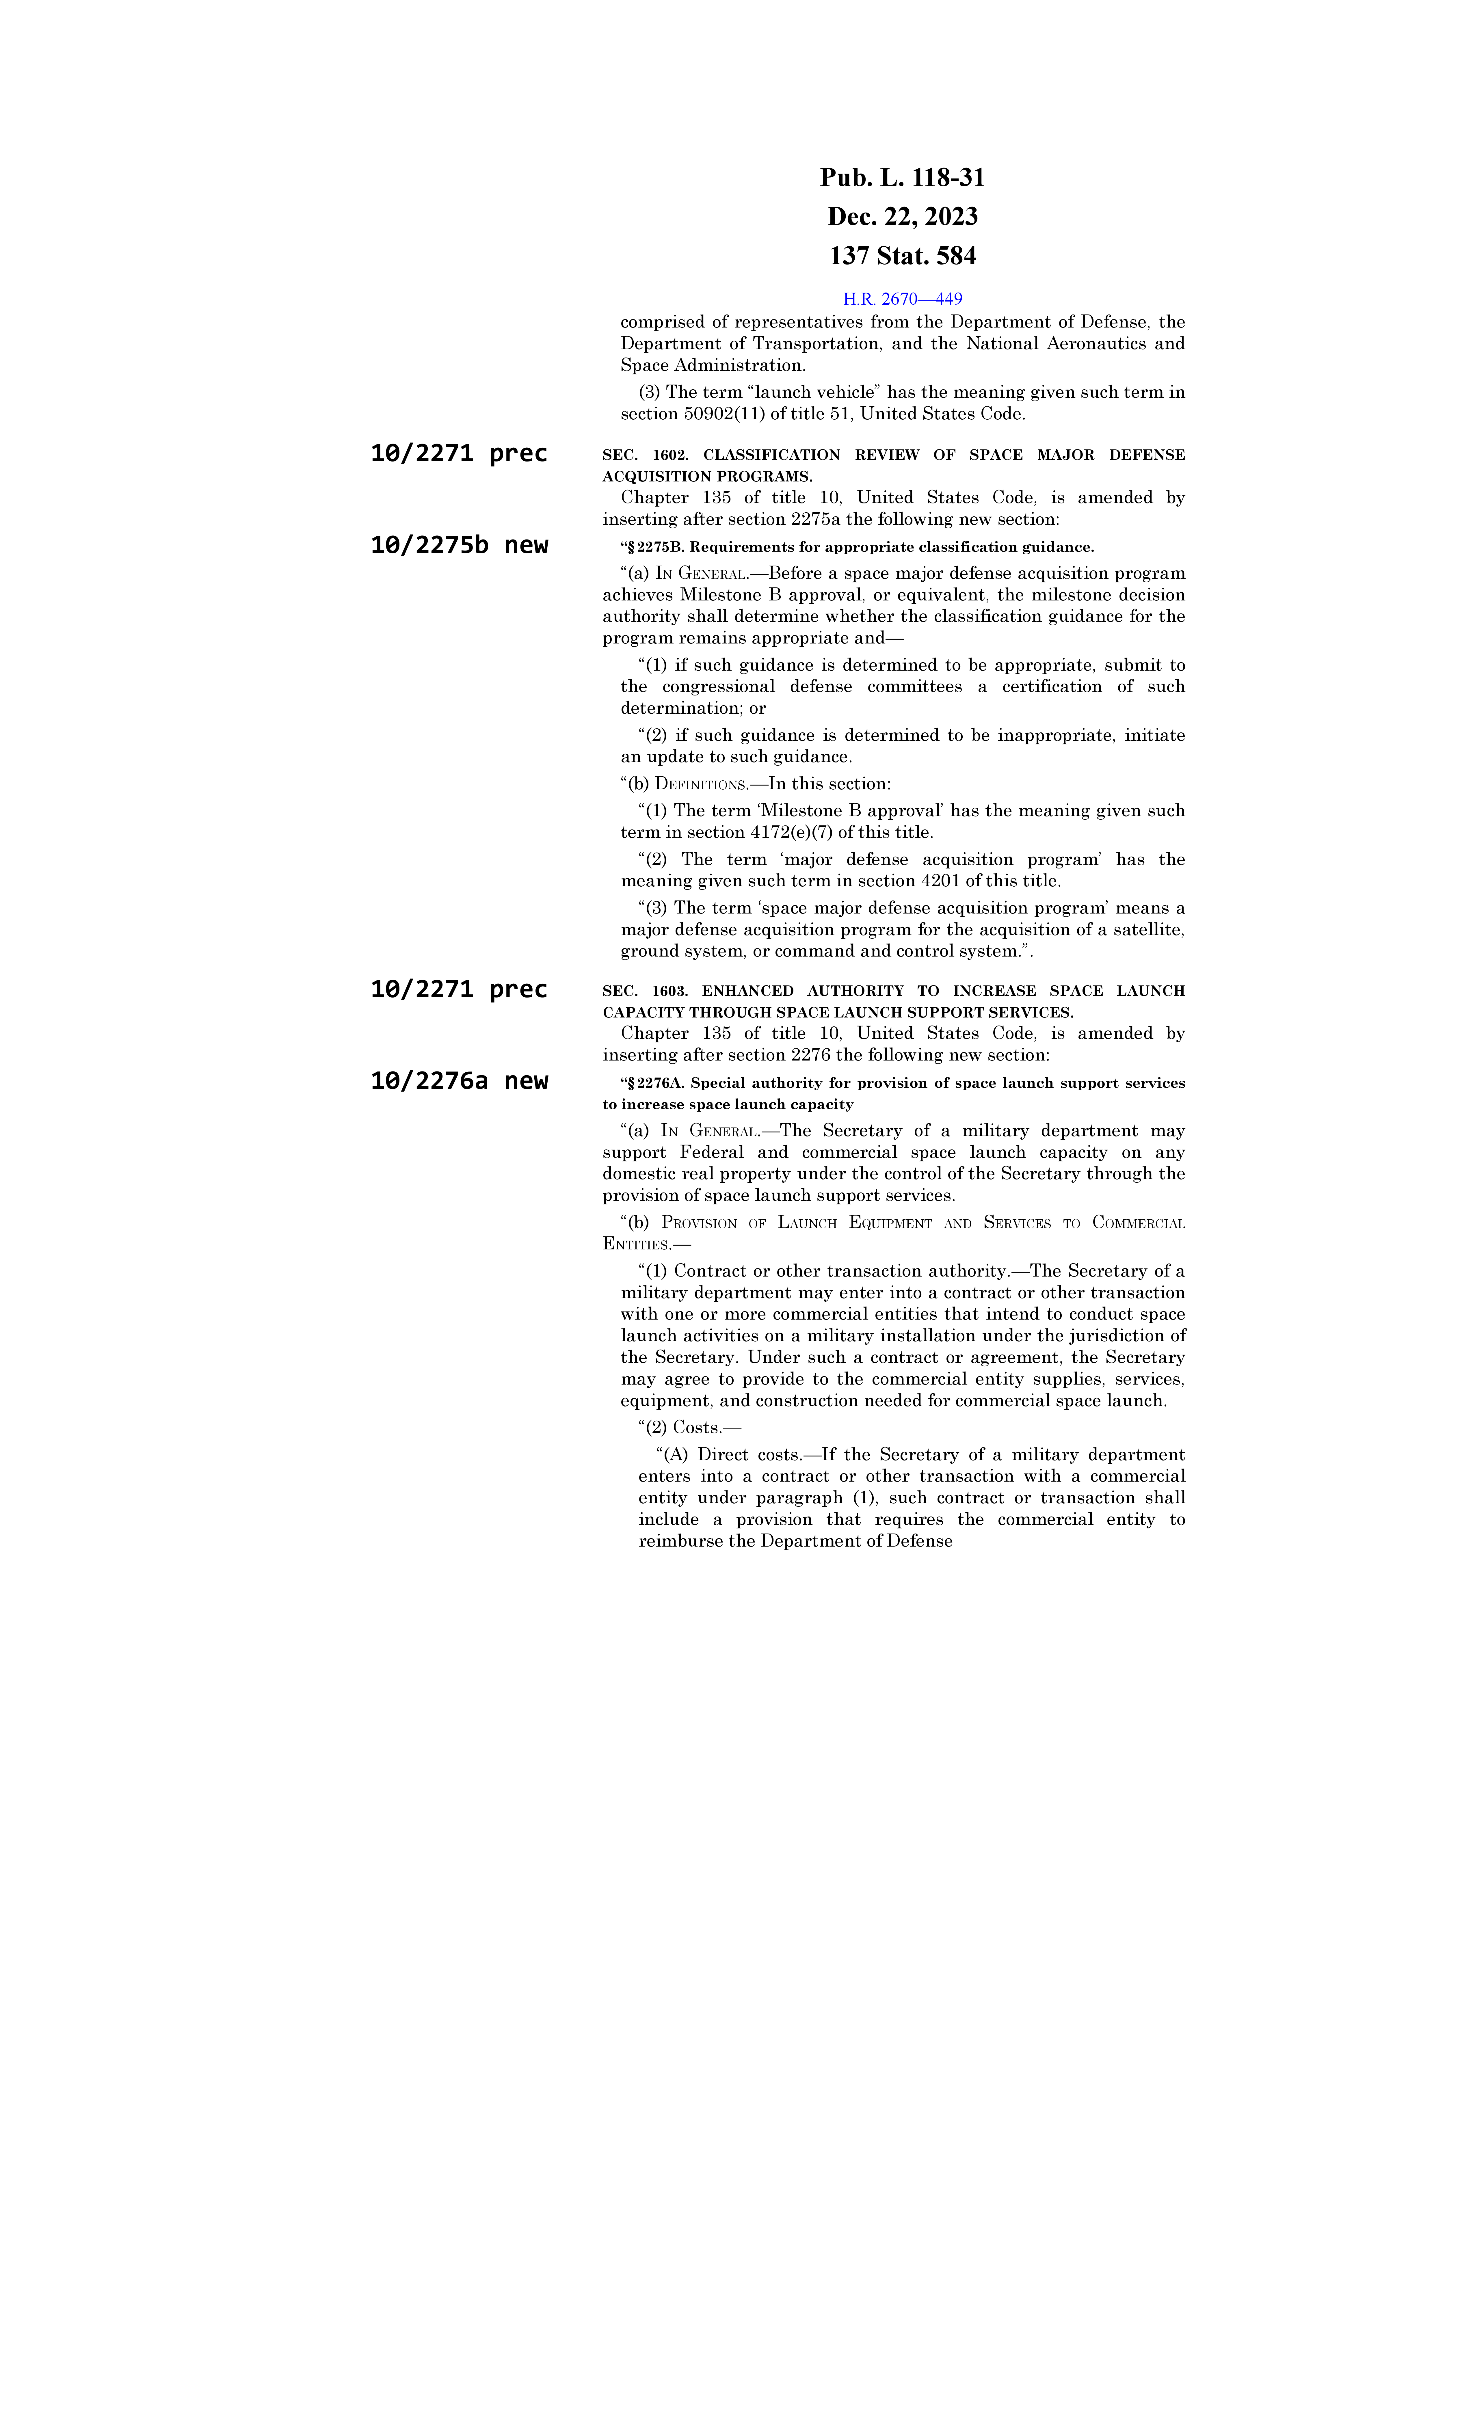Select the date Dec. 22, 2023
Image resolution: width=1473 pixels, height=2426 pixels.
(x=902, y=217)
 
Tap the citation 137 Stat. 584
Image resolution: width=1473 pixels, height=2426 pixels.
(x=902, y=256)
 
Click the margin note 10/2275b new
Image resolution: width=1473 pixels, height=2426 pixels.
(x=459, y=546)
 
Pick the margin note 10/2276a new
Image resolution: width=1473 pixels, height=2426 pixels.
(x=459, y=1081)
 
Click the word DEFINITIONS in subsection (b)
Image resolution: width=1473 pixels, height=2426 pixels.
(x=700, y=785)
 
